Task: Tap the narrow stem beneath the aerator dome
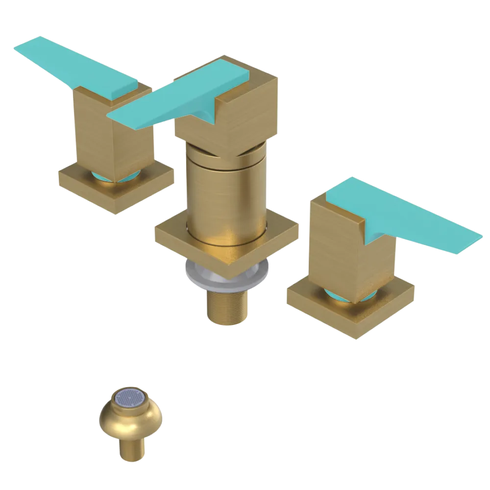click(x=131, y=451)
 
